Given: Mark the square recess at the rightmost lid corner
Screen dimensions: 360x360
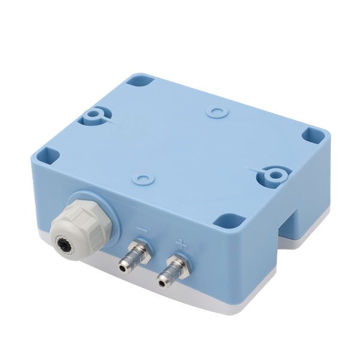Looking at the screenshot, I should pyautogui.click(x=313, y=136).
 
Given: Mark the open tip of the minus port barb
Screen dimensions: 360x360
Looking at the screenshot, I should pyautogui.click(x=123, y=266).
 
